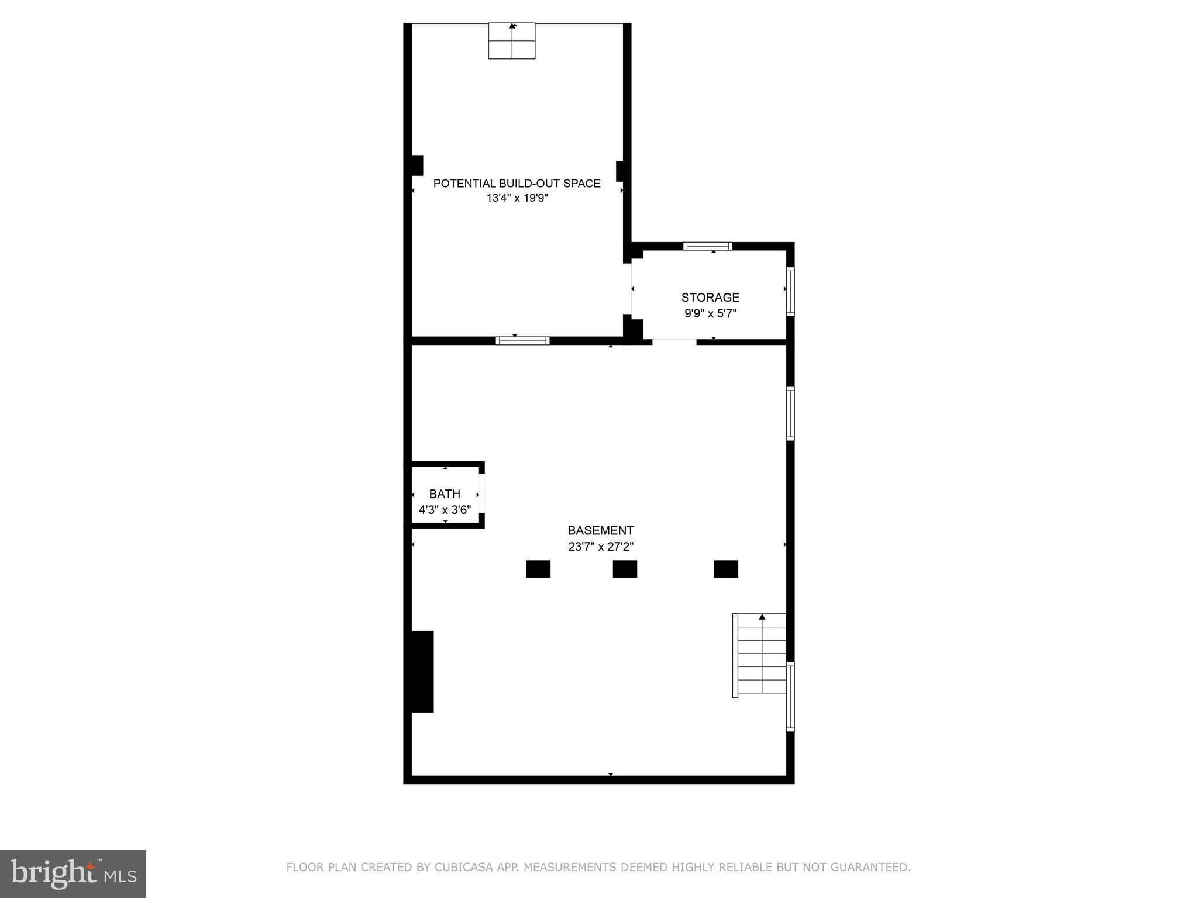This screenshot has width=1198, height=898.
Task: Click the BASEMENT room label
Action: [600, 530]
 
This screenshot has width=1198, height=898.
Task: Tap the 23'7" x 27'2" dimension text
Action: [600, 547]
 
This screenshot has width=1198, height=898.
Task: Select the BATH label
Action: [445, 494]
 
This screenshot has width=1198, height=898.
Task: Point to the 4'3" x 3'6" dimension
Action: [445, 510]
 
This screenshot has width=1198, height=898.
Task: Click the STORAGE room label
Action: [710, 298]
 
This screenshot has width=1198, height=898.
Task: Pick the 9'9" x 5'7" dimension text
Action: [710, 313]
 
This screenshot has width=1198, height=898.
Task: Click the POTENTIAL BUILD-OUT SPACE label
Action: [517, 184]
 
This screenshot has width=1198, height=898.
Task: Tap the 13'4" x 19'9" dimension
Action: [517, 198]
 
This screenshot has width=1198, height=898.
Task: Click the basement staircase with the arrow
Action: [760, 655]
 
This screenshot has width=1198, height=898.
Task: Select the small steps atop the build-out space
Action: [512, 41]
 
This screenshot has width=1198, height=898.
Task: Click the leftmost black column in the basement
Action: [538, 569]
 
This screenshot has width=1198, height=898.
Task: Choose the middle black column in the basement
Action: [625, 569]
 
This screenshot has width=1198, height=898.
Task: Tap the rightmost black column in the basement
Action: [725, 569]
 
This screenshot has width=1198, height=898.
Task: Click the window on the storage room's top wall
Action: [707, 246]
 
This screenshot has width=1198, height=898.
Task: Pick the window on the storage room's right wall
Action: [790, 291]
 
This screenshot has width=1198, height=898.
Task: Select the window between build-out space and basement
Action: [522, 341]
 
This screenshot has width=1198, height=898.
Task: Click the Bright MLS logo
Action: [73, 873]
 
